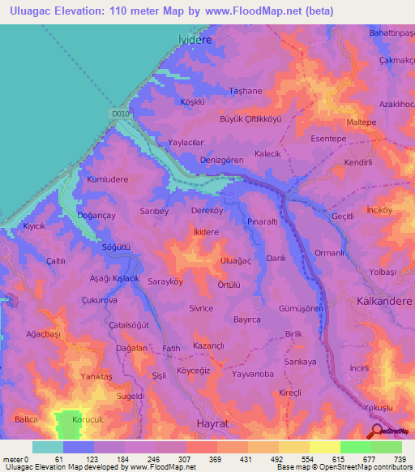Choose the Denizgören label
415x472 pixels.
click(222, 161)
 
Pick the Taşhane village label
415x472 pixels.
click(246, 91)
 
